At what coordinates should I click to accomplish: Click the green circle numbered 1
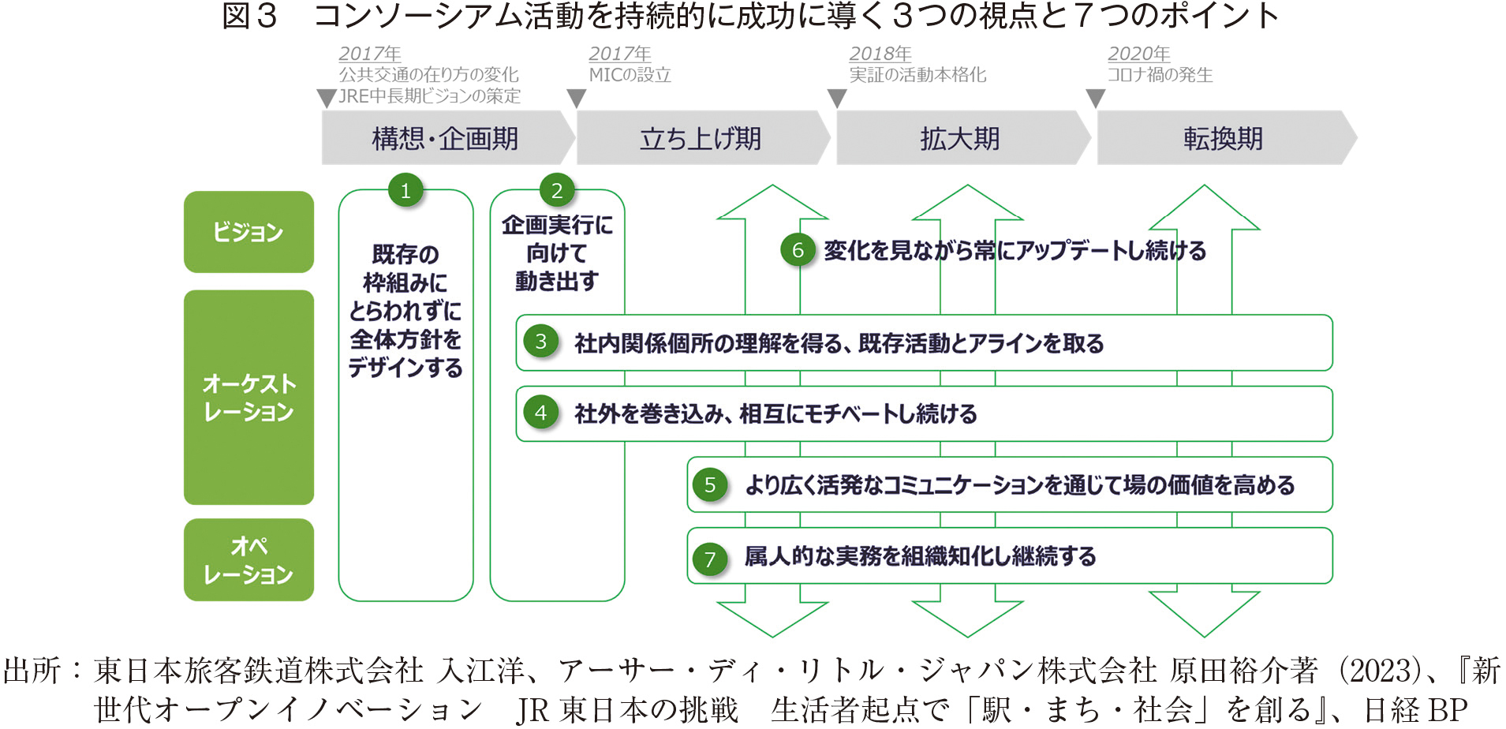point(405,190)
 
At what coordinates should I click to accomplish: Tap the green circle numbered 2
point(557,190)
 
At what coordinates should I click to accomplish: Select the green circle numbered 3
point(541,342)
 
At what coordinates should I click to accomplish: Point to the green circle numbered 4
point(541,413)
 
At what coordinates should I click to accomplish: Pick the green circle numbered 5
point(710,484)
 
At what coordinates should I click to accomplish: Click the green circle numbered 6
point(798,250)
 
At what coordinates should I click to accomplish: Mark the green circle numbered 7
point(710,559)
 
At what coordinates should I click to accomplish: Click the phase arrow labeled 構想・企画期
point(446,138)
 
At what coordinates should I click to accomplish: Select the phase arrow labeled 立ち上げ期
point(701,138)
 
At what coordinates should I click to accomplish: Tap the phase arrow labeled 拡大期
point(960,138)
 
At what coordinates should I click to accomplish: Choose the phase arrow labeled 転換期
point(1224,138)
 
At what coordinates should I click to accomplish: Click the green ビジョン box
point(249,232)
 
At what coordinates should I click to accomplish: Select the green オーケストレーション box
point(249,397)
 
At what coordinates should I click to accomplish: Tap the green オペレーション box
point(249,559)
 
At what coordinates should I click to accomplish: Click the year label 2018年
point(880,54)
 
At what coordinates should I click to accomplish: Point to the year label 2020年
point(1138,54)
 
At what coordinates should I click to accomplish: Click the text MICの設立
point(630,75)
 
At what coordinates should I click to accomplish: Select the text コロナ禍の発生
point(1160,75)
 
